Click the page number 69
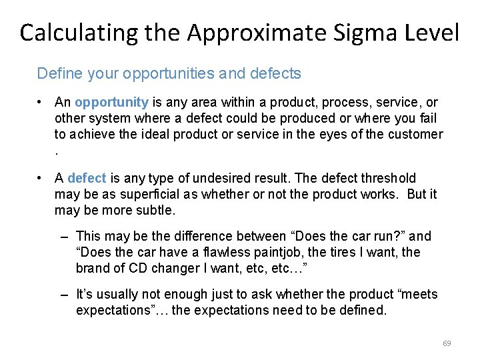(x=447, y=343)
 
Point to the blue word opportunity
(x=111, y=103)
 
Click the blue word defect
(x=87, y=178)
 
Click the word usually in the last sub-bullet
(x=117, y=295)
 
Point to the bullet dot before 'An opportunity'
(x=41, y=103)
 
